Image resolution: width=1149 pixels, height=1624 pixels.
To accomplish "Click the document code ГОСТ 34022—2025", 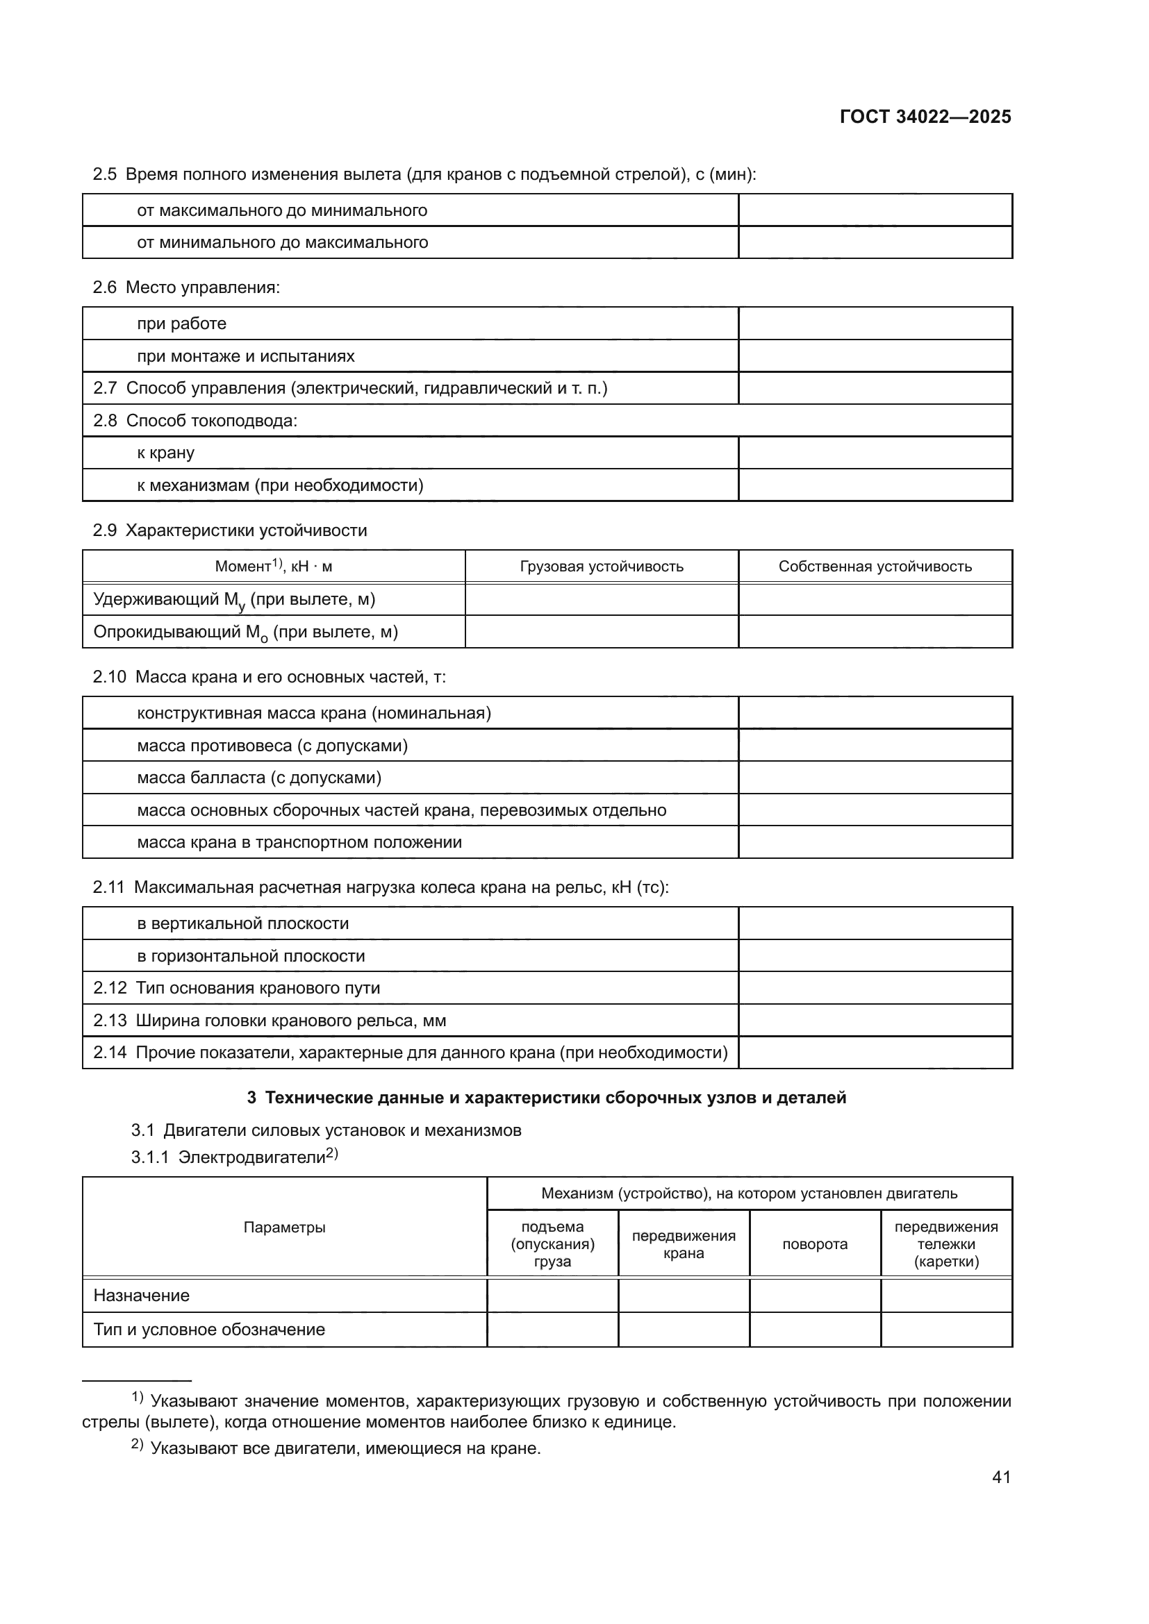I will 925,117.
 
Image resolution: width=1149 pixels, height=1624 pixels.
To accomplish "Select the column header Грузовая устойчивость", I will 602,566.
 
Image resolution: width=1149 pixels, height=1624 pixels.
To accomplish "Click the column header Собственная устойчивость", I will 875,566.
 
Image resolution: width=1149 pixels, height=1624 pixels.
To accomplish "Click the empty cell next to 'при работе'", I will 875,324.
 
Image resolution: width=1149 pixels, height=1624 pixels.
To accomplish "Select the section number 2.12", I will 110,987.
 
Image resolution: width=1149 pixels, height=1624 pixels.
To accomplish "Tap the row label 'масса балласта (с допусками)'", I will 259,778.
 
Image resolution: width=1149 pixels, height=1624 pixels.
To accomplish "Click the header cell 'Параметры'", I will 284,1227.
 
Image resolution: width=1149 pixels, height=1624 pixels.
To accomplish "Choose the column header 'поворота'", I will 814,1244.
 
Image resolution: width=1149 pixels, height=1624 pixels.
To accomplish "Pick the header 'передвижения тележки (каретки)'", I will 946,1244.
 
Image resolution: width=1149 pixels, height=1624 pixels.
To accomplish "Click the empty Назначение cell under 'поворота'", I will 814,1295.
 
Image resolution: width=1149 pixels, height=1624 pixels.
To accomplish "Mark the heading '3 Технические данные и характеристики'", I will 546,1097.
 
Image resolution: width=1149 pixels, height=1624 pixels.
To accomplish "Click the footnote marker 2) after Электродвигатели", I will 332,1154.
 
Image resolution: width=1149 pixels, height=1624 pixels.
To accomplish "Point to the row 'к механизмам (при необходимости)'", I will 280,485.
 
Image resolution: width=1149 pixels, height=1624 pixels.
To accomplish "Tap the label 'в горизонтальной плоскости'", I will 251,955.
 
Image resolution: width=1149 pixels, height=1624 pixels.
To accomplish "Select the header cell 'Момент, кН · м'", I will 273,566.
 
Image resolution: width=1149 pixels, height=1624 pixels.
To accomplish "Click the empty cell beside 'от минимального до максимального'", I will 875,242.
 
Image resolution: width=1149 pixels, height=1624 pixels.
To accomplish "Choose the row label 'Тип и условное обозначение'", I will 209,1329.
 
